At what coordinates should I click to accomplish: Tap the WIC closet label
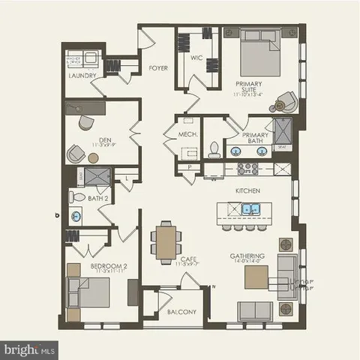(x=196, y=57)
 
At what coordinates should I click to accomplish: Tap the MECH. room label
(x=187, y=135)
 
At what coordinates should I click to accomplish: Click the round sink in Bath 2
(x=76, y=217)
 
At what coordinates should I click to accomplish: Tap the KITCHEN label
(x=247, y=191)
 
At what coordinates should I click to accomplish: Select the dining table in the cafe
(x=166, y=241)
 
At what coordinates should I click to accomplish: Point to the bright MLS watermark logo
(x=30, y=349)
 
